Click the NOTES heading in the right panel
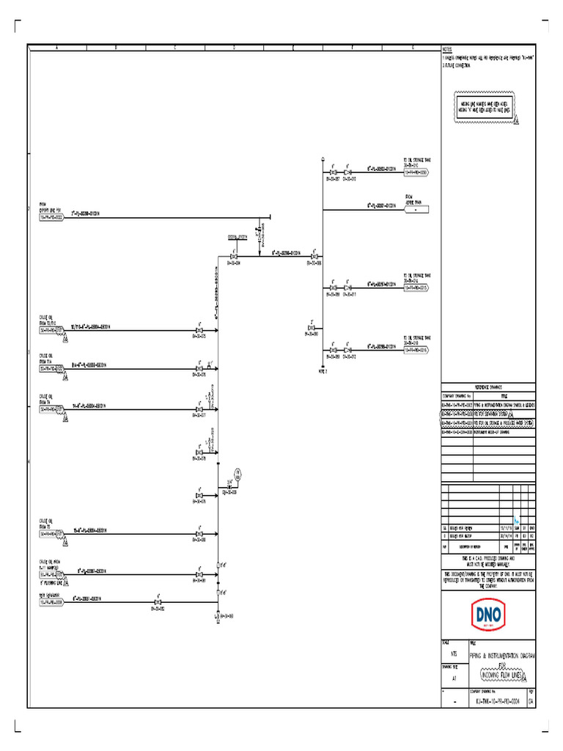coord(448,49)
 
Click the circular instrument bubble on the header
coord(238,472)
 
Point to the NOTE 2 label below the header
coord(323,371)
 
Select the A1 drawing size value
coord(455,678)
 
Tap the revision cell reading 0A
coord(530,701)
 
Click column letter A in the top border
coord(56,47)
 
